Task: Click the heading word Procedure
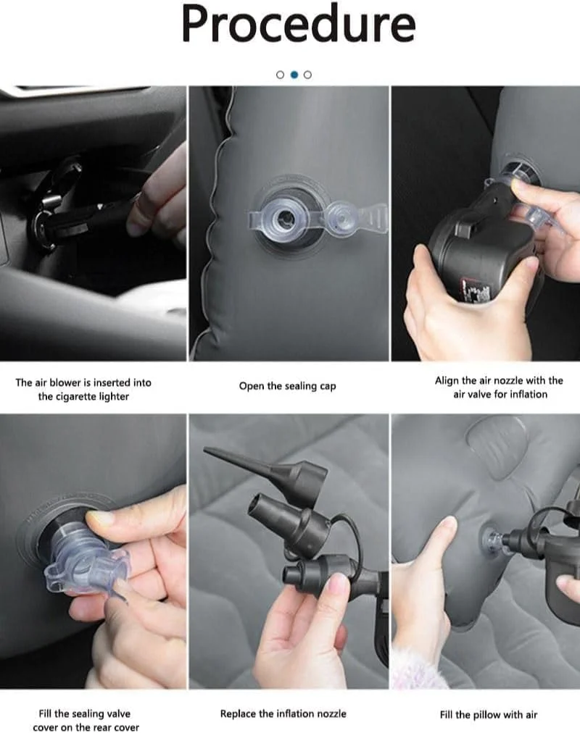click(299, 25)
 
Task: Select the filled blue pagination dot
click(294, 75)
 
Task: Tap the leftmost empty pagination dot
click(280, 75)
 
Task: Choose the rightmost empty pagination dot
click(307, 75)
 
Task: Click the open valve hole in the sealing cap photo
click(283, 218)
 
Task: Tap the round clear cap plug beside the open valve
click(340, 217)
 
